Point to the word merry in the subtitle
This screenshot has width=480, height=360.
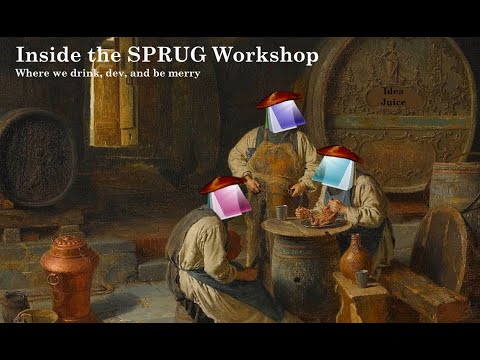[x=184, y=74]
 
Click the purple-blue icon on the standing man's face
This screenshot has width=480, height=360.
[x=286, y=117]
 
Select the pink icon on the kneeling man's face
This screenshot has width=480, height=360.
[x=230, y=200]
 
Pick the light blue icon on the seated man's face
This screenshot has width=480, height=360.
[x=332, y=172]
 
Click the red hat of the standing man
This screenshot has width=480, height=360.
[x=279, y=98]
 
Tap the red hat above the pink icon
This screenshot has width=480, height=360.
[x=221, y=184]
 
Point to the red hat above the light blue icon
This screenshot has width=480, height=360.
[x=339, y=153]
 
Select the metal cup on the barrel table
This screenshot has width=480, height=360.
[x=283, y=211]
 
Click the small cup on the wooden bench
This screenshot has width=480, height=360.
[x=362, y=278]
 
